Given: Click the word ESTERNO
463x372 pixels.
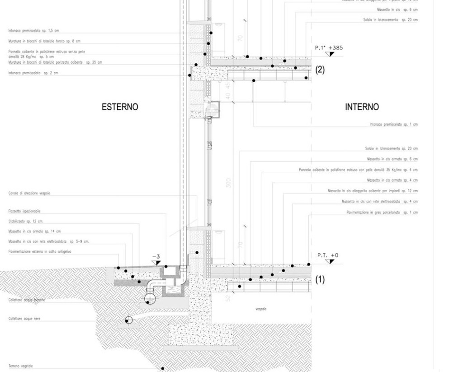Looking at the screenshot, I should tap(120, 107).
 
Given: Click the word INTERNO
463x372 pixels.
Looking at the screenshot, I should tap(362, 107).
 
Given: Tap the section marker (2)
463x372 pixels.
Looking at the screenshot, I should tap(320, 70).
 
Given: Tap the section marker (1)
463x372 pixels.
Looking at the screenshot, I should tap(320, 280).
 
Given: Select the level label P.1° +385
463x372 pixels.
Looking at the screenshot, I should tap(329, 47).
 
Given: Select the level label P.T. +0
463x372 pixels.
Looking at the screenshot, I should tap(328, 255).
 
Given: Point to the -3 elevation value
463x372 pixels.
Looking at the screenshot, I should tap(156, 256).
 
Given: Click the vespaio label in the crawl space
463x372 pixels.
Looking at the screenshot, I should tap(261, 309).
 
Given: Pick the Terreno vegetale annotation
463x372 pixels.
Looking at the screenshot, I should tap(21, 366).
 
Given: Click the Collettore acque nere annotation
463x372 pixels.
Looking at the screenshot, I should tap(24, 319).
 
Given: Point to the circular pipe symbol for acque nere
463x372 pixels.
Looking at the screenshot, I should tap(128, 320).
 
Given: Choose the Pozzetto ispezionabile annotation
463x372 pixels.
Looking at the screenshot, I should tap(24, 211).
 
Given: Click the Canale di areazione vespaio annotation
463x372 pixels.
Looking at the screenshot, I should tap(29, 193).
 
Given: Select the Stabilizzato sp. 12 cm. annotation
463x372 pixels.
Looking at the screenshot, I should tap(26, 221).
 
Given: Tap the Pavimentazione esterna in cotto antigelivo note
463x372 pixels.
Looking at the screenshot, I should tap(40, 251).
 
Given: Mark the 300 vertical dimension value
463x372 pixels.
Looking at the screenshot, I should tap(228, 183).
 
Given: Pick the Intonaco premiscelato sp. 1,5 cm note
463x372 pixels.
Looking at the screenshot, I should tap(33, 31).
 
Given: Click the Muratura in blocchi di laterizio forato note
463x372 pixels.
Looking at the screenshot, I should tap(44, 41).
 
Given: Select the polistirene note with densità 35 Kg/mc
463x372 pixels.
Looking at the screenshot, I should tap(358, 170).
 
